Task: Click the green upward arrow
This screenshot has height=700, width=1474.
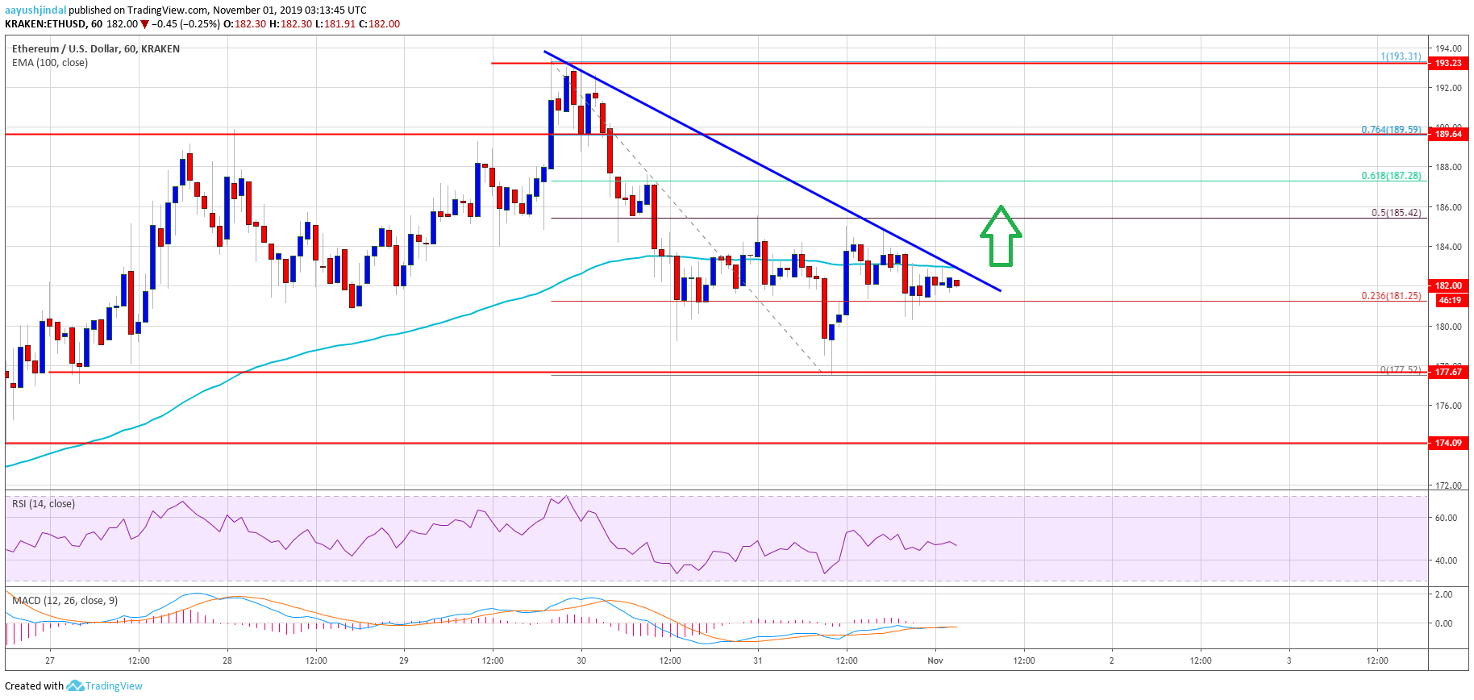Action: coord(1001,236)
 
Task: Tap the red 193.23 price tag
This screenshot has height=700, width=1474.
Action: coord(1448,63)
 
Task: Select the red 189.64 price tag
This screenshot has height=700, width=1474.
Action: coord(1448,134)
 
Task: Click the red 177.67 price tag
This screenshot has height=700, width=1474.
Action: coord(1448,372)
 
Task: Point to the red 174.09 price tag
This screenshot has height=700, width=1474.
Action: coord(1448,443)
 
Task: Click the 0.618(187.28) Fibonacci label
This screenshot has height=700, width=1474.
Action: coord(1391,175)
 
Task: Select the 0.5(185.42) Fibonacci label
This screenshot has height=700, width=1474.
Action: coord(1396,213)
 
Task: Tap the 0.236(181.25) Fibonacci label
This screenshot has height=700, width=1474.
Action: coord(1391,295)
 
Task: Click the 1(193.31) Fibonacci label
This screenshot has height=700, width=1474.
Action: coord(1401,56)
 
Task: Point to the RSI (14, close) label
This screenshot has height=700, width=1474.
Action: coord(44,504)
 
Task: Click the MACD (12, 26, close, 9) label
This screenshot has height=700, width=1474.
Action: coord(65,600)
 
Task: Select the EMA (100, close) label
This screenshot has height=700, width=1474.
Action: coord(50,62)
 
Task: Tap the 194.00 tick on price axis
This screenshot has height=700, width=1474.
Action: coord(1448,48)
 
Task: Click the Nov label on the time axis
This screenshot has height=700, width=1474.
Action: coord(935,660)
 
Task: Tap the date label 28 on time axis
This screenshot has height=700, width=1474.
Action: coord(227,660)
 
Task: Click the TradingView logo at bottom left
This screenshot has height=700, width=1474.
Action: coord(105,686)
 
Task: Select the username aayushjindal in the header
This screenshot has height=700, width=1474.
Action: coord(35,10)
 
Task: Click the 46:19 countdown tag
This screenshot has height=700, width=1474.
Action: coord(1450,300)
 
